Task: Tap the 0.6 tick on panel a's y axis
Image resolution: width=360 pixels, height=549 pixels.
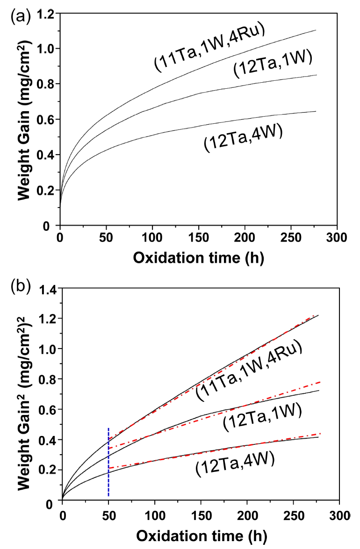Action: [45, 119]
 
